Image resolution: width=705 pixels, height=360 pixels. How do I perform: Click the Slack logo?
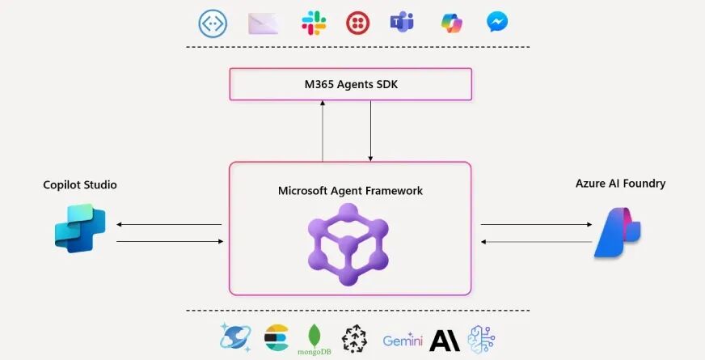coord(314,23)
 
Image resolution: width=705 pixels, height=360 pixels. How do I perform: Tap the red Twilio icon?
coord(358,23)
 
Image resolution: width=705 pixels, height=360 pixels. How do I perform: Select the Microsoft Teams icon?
coord(402,23)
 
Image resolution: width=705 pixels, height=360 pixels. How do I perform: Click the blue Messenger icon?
coord(497,23)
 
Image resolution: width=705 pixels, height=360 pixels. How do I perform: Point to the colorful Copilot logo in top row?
coord(451,23)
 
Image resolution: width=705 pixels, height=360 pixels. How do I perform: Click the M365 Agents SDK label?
coord(350,83)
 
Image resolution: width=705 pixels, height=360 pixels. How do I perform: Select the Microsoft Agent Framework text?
coord(350,191)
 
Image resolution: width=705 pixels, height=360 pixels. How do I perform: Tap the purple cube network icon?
coord(348,244)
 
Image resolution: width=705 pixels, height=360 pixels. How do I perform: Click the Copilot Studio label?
coord(80,184)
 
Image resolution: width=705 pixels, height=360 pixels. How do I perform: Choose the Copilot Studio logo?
coord(80,229)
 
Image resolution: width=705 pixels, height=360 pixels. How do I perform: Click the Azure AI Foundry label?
coord(620,184)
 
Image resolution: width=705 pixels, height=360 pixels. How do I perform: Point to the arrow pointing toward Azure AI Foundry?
coord(535,224)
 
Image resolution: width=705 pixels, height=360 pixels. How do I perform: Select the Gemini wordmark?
coord(403,341)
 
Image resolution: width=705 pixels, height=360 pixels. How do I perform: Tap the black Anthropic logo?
coord(445,340)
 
